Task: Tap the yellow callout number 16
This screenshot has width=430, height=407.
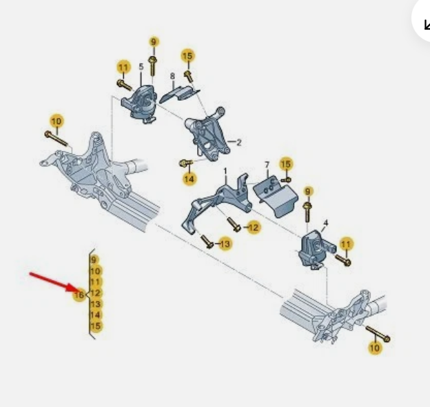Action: coord(79,295)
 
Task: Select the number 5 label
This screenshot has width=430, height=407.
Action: coord(141,67)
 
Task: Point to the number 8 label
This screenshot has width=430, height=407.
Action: coord(172,76)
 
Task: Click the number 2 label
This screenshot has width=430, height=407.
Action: coord(239,142)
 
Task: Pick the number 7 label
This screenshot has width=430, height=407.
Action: coord(267,165)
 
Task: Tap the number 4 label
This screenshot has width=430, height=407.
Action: coord(326,223)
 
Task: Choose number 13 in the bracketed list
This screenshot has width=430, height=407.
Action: coord(95,304)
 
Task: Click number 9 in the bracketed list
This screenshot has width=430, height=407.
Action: coord(94,259)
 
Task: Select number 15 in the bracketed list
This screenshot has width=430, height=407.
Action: coord(95,326)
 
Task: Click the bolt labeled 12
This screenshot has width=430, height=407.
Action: coord(234,224)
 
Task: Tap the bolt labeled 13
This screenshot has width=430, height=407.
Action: coord(207,241)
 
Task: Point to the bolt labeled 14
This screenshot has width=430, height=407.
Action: coord(185,163)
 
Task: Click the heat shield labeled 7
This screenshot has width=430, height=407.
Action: coord(276,196)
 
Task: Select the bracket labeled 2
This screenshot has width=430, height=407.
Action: coord(207,134)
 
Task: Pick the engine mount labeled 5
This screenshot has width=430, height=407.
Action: coord(140,103)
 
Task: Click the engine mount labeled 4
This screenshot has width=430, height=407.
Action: coord(316,250)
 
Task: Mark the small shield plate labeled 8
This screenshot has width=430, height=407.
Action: coord(179,94)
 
